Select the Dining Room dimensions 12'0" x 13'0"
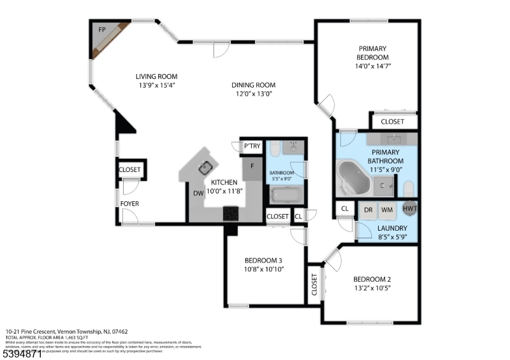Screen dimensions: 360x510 coord(253,94)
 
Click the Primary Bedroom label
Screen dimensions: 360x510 coord(372,52)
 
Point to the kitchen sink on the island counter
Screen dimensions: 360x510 coord(205,168)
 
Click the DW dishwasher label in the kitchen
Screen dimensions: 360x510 coord(198,194)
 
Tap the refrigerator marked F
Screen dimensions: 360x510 coord(252,167)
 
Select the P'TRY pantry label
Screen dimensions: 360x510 coord(252,147)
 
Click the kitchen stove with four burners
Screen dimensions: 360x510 coord(230,213)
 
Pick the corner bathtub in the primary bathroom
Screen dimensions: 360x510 coord(353,178)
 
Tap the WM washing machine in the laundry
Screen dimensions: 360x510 coord(387,209)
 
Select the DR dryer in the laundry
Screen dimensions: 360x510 coord(368,209)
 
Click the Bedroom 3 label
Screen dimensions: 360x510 coord(263,260)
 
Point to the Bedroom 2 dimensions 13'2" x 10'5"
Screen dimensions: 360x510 coord(371,288)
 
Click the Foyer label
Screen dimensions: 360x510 coord(130,204)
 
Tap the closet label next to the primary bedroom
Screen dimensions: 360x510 coord(392,121)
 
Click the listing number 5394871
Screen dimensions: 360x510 coord(22,352)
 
